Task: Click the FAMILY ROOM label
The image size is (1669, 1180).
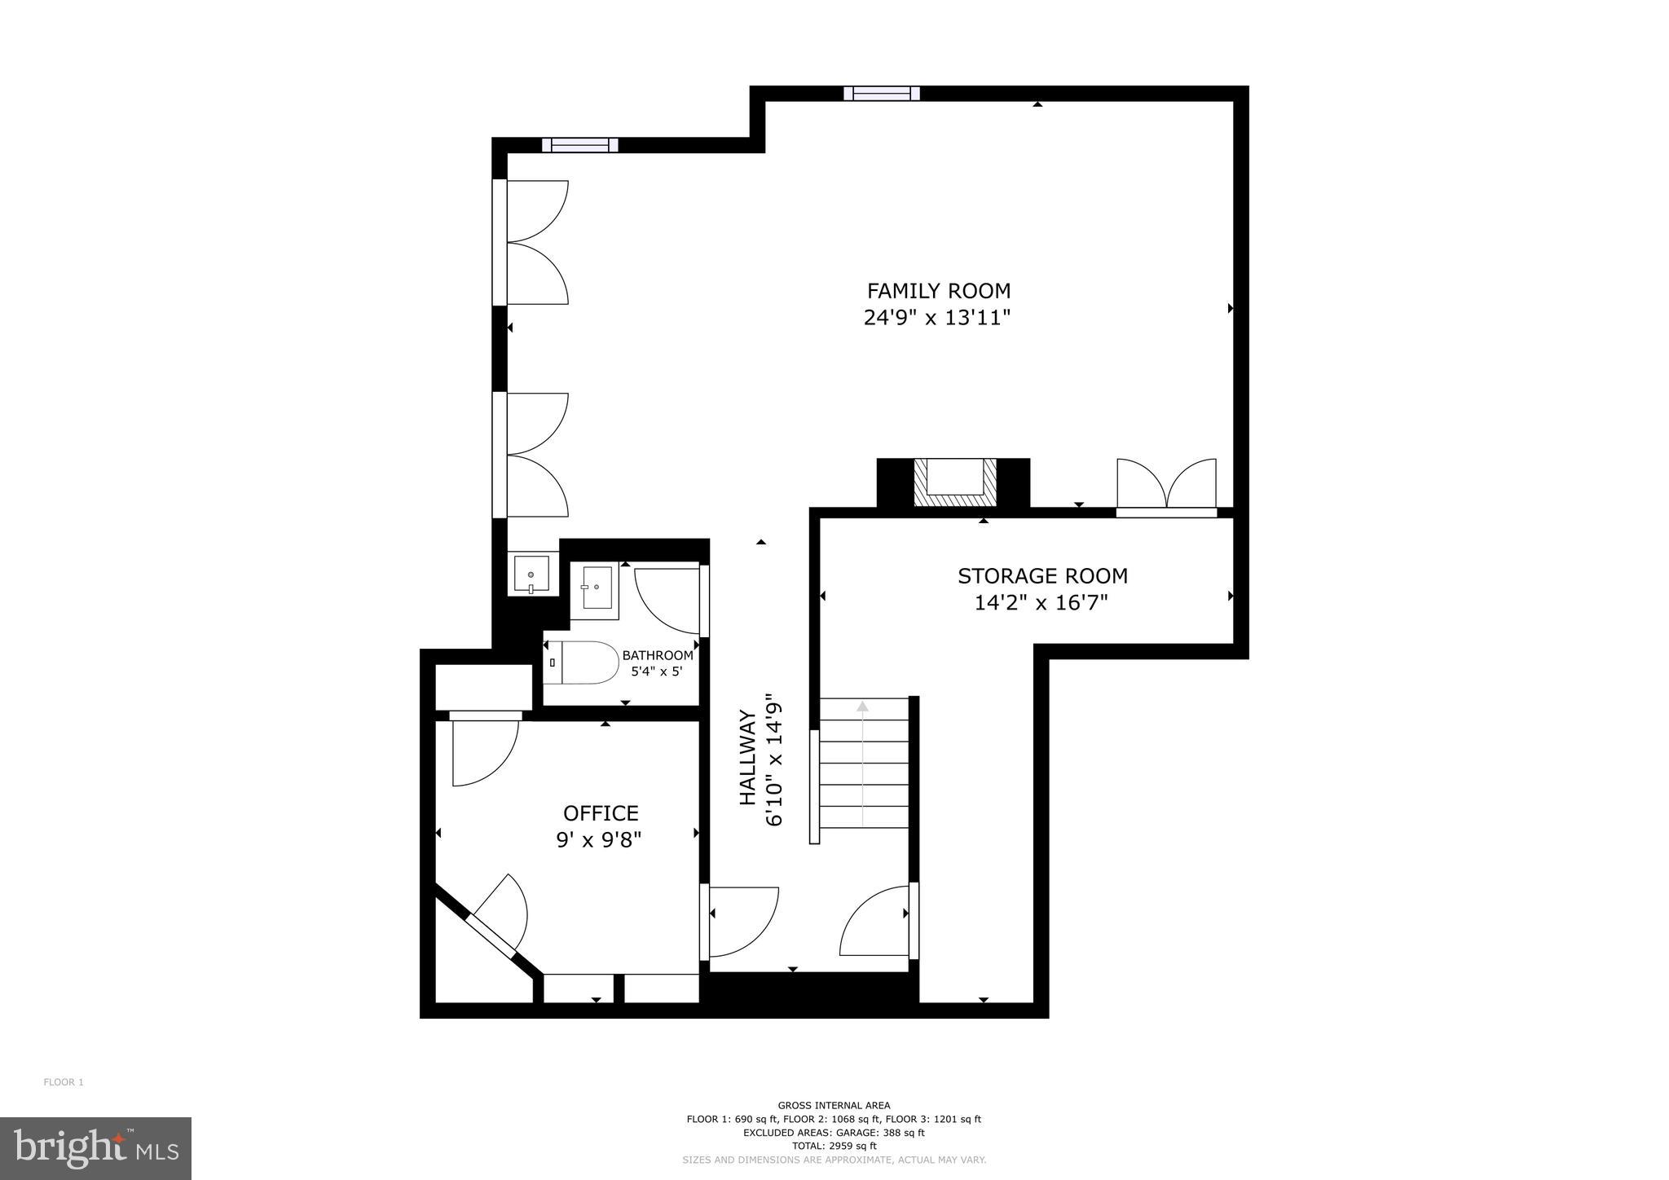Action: pyautogui.click(x=938, y=291)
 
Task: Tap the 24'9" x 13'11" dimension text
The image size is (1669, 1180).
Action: pyautogui.click(x=937, y=318)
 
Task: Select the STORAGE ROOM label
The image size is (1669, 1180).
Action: pyautogui.click(x=1042, y=576)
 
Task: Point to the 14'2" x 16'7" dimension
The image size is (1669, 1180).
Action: pyautogui.click(x=1041, y=603)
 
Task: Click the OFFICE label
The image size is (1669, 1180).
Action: pyautogui.click(x=601, y=813)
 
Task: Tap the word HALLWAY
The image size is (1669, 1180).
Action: pyautogui.click(x=747, y=758)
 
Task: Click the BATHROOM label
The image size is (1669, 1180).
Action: pyautogui.click(x=658, y=655)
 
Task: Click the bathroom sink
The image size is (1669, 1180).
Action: pyautogui.click(x=595, y=587)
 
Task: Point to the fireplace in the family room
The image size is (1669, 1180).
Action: pyautogui.click(x=954, y=482)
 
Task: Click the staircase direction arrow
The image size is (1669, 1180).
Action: pyautogui.click(x=862, y=706)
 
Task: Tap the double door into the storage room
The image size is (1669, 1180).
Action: pyautogui.click(x=1166, y=487)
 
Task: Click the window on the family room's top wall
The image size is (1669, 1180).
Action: pyautogui.click(x=881, y=93)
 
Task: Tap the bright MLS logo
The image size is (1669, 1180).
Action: pyautogui.click(x=95, y=1149)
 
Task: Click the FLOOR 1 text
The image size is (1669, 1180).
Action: pyautogui.click(x=64, y=1082)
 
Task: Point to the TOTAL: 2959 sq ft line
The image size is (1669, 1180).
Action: pyautogui.click(x=834, y=1145)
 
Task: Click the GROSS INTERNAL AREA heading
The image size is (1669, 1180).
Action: pyautogui.click(x=834, y=1106)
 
